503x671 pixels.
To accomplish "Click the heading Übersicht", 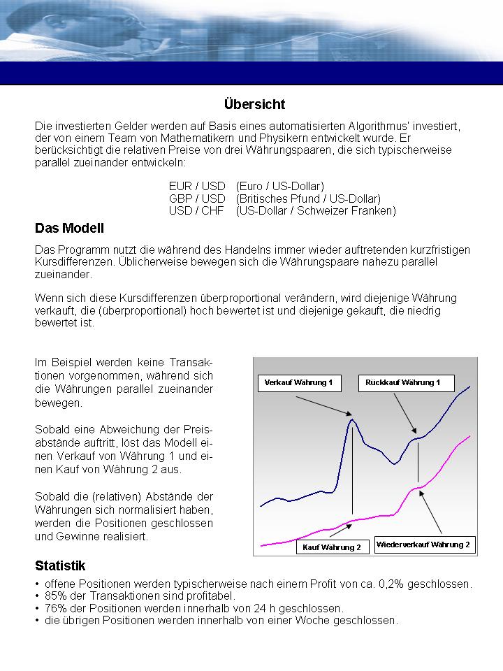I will click(x=254, y=105).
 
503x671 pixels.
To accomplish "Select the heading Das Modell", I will click(x=69, y=228).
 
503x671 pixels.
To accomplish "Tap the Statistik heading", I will click(x=60, y=565).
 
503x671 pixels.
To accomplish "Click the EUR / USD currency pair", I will click(x=197, y=186).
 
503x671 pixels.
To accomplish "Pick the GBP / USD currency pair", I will click(x=197, y=199).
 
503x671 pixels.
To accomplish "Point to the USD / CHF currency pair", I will click(x=197, y=210).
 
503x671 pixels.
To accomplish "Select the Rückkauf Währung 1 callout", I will click(x=407, y=383).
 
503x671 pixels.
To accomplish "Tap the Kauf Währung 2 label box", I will click(x=332, y=547).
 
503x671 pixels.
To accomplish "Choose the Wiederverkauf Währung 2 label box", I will click(x=424, y=544).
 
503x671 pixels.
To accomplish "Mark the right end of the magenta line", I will click(x=469, y=436).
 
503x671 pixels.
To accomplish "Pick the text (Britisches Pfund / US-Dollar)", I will click(x=308, y=199).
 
